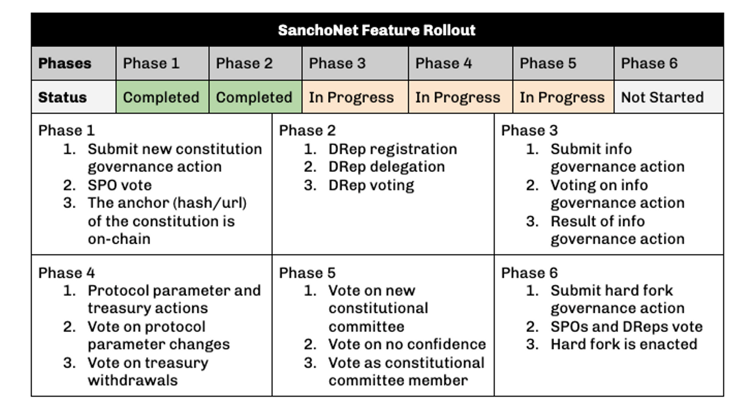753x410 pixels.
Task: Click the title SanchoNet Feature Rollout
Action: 376,30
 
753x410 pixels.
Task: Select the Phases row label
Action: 65,63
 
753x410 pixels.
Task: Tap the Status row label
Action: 62,97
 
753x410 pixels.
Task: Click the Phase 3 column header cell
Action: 355,63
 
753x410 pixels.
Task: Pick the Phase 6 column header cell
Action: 669,63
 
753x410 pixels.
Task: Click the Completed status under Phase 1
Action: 161,97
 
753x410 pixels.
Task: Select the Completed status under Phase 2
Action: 254,97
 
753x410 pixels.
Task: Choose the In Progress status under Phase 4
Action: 458,97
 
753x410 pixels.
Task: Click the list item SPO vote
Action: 120,185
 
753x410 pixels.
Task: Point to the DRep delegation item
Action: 387,167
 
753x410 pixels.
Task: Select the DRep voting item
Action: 371,185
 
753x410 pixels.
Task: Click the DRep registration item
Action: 393,149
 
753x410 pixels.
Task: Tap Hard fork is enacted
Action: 624,344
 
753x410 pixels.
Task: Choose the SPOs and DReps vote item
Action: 627,327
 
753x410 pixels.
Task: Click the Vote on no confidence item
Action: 407,344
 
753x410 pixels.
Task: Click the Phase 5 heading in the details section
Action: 307,273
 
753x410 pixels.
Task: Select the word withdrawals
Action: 133,380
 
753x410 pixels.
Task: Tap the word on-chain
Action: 119,239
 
